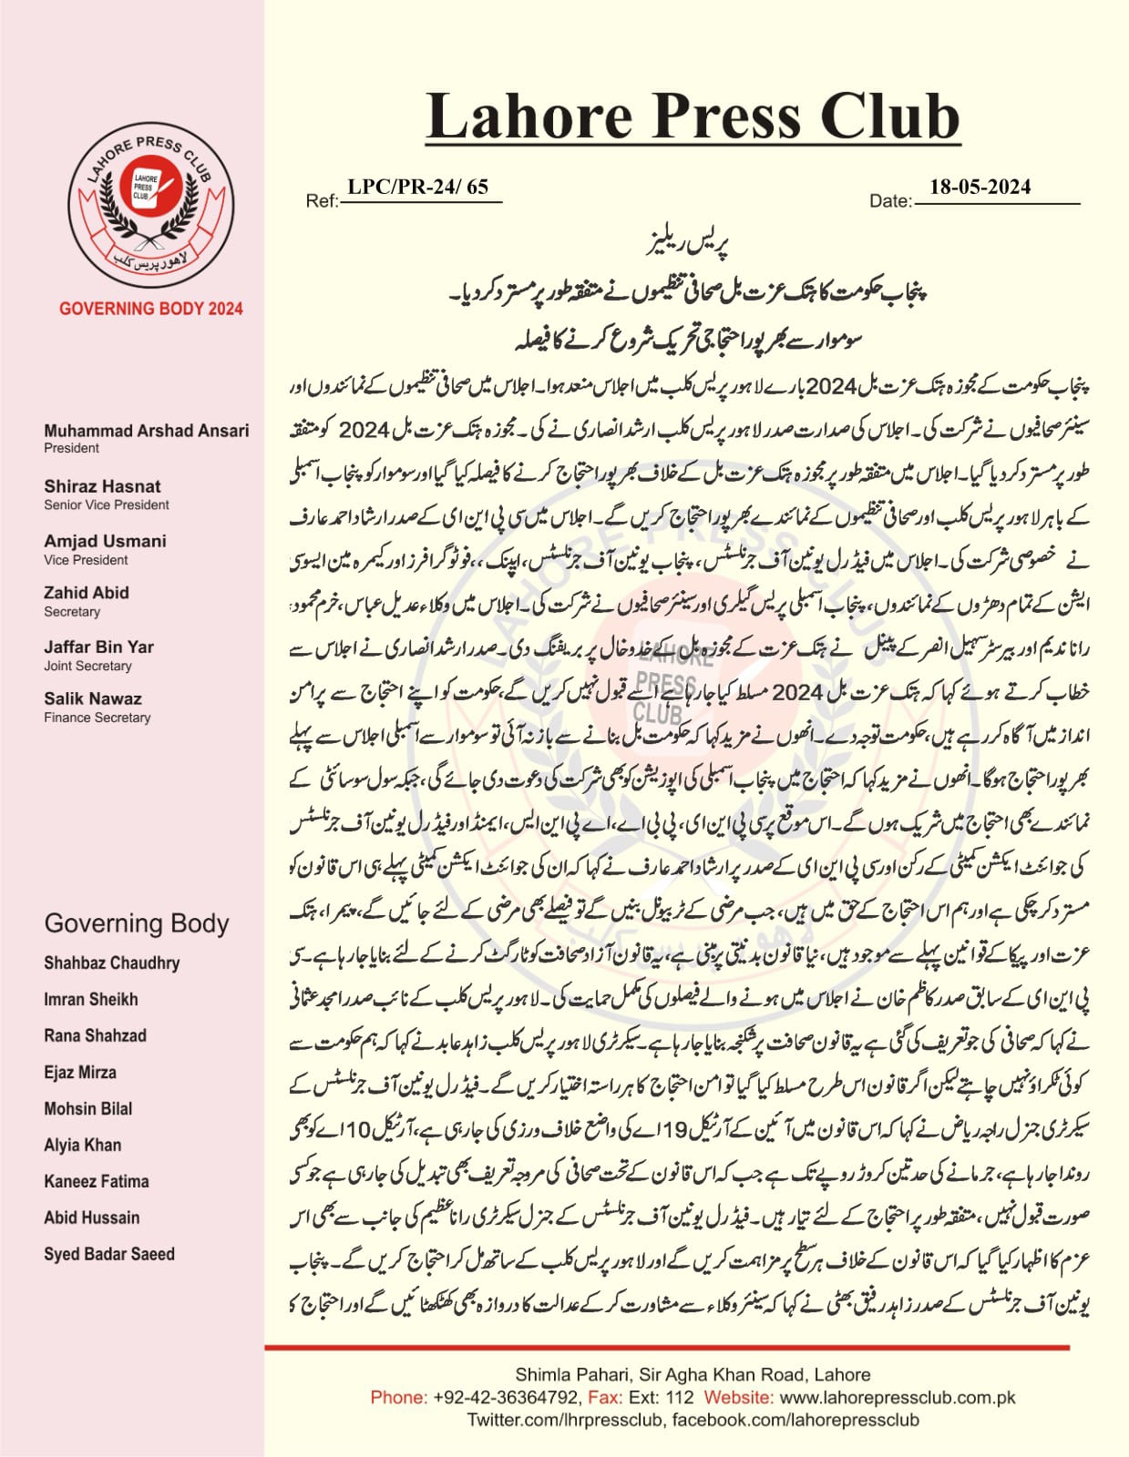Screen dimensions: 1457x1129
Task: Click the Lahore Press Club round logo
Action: (x=149, y=197)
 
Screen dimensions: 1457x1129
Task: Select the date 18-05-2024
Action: (x=980, y=188)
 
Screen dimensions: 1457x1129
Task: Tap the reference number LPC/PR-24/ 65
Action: (x=418, y=188)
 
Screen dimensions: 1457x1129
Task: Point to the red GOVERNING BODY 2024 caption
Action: (x=151, y=309)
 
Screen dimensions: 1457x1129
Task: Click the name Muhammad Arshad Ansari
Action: (x=146, y=431)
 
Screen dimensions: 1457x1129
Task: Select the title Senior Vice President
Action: (x=107, y=504)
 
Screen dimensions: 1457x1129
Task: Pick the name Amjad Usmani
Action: (x=105, y=541)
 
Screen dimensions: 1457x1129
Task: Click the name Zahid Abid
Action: (x=87, y=593)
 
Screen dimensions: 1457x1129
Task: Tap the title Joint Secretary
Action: (x=87, y=666)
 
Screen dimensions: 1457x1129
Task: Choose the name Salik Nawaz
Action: (x=93, y=698)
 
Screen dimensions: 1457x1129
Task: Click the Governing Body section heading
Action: (x=137, y=923)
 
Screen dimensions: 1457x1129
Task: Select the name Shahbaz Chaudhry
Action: (x=111, y=963)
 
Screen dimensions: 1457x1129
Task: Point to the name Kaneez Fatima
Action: (x=96, y=1181)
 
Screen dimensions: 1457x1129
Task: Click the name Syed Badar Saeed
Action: (x=109, y=1254)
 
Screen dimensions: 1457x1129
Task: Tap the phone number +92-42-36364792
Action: (x=506, y=1397)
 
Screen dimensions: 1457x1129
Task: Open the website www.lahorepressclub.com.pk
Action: (x=898, y=1397)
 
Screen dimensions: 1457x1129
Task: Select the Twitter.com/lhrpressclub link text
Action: (x=565, y=1420)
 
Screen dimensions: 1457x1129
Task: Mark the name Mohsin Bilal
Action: (x=88, y=1108)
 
